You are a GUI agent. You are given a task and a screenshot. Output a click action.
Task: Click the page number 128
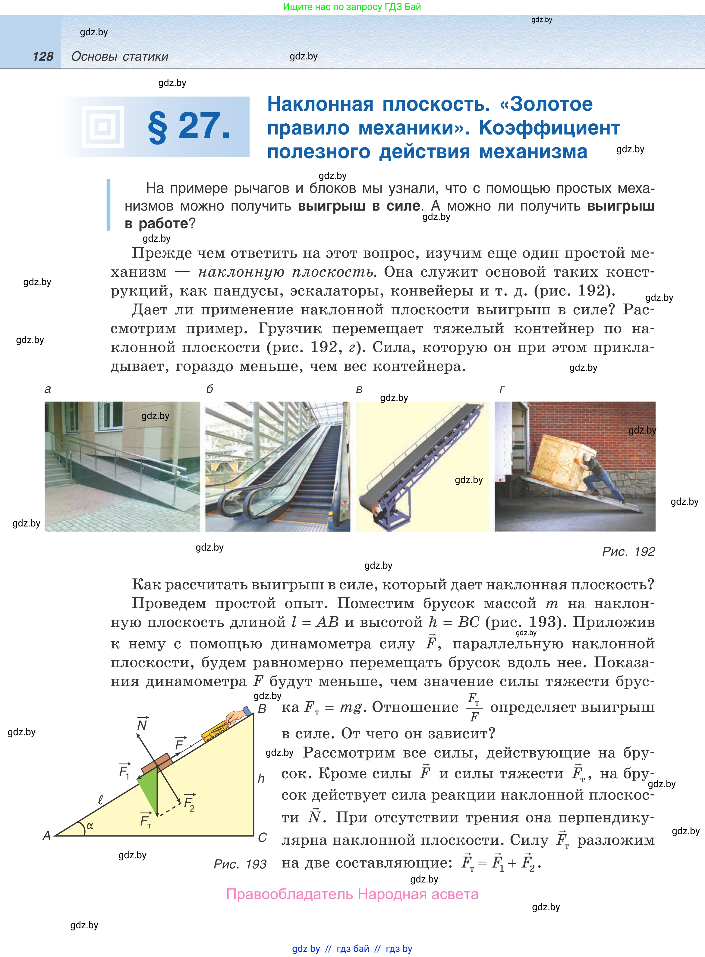click(43, 56)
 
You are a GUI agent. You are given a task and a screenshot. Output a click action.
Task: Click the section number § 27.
click(189, 126)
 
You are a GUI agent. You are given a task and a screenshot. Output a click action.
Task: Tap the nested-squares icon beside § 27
click(103, 126)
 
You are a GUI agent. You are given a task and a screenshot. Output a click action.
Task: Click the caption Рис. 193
click(240, 864)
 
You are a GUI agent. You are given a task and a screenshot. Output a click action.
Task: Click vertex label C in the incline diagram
click(263, 838)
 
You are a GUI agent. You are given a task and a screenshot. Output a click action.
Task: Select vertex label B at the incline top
click(262, 709)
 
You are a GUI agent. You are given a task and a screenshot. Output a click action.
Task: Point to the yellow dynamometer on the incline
click(216, 730)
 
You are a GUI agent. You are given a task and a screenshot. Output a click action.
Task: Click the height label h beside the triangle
click(261, 778)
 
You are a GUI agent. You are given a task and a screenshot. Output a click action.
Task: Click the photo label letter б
click(209, 389)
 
